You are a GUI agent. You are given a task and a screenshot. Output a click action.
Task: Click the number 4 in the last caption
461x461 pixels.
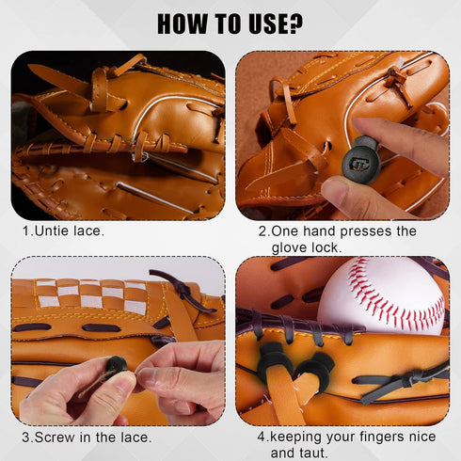[x=262, y=437]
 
